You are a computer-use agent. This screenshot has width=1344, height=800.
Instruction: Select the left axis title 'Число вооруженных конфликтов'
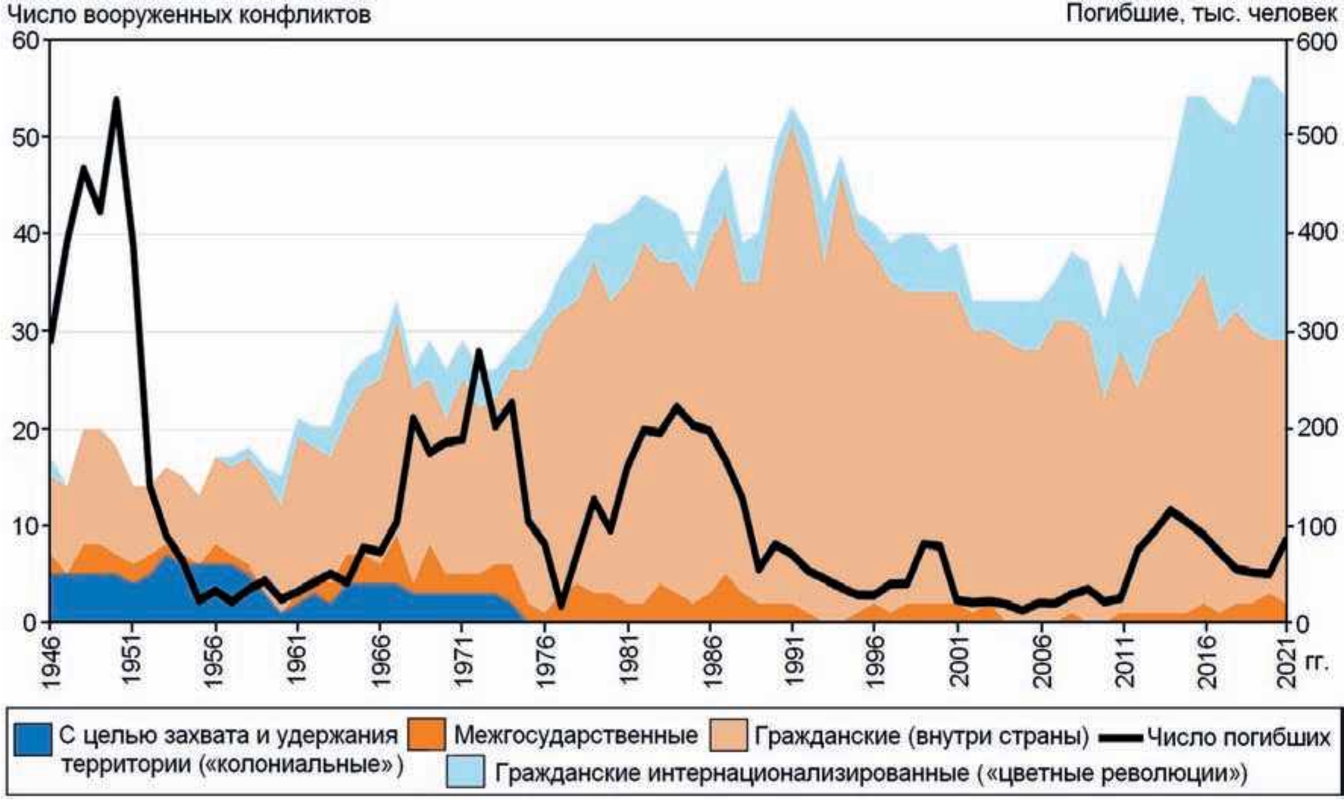188,14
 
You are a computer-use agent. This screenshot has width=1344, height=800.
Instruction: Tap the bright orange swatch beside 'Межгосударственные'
426,736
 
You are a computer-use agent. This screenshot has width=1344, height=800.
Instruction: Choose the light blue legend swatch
464,771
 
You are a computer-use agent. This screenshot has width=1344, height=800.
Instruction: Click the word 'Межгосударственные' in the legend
576,736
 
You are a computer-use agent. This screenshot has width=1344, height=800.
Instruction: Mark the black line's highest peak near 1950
116,98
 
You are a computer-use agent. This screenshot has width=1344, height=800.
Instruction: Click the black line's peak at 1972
478,350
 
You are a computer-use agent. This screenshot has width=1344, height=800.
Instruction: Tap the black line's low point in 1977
561,607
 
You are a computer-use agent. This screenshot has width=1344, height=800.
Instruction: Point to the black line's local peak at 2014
1171,509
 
